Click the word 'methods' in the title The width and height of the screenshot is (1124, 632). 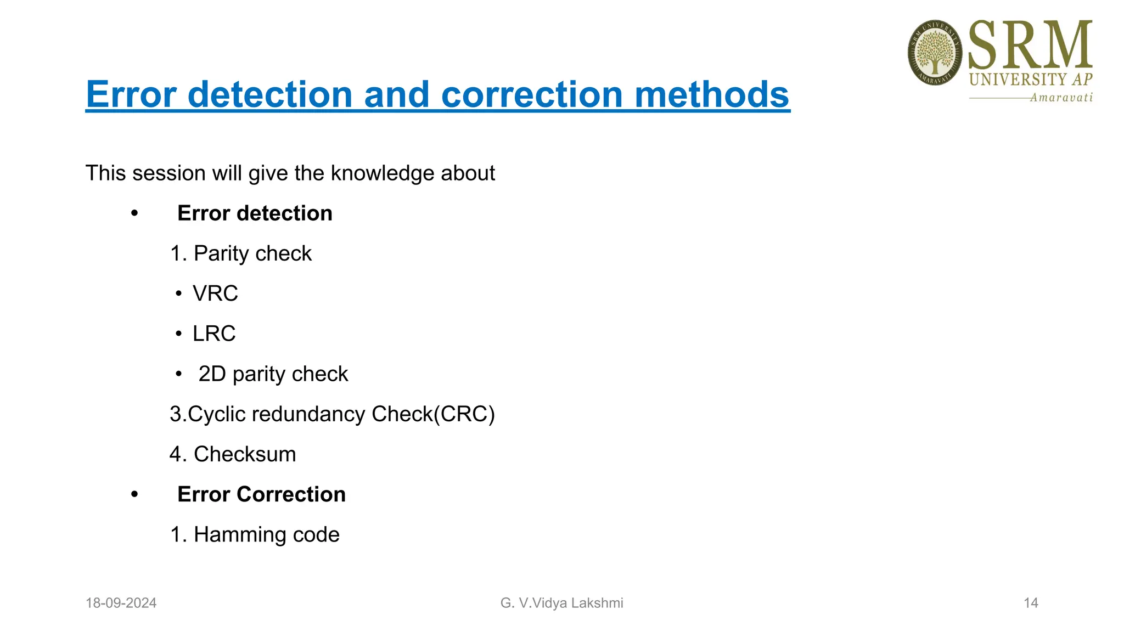(712, 94)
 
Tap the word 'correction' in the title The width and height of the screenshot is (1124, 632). (532, 94)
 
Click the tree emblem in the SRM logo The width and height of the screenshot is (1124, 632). (935, 53)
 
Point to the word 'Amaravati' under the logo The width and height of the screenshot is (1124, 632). (1061, 98)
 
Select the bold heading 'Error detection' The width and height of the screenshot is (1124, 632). (255, 213)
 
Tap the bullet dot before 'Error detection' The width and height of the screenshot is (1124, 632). (134, 214)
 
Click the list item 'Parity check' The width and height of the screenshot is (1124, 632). (252, 253)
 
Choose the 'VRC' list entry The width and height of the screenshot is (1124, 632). (215, 294)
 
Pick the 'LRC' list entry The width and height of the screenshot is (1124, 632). (214, 334)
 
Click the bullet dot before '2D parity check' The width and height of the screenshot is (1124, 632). (178, 374)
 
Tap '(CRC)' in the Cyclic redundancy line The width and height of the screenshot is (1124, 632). (464, 414)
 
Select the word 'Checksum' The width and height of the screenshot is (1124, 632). (245, 454)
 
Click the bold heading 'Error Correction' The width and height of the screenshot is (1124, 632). (261, 494)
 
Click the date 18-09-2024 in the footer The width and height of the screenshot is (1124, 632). (121, 603)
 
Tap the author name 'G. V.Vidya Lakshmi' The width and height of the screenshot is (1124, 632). (561, 603)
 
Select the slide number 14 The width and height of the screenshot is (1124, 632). (1030, 603)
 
